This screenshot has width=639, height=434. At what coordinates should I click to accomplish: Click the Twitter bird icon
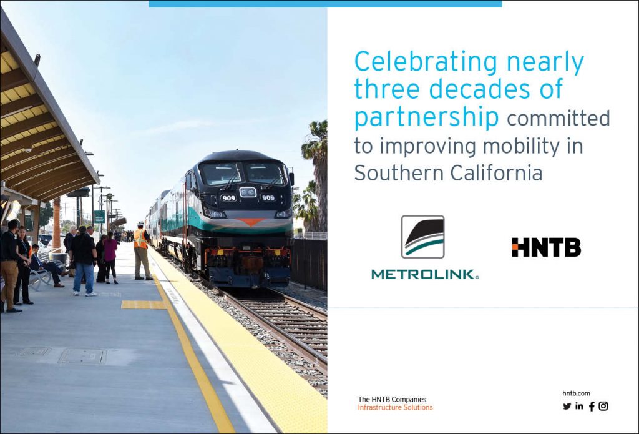[x=567, y=406]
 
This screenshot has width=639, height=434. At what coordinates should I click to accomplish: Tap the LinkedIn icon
[x=579, y=406]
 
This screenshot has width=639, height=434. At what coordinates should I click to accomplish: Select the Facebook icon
[x=592, y=406]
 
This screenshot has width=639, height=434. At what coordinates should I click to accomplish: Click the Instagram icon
[x=603, y=406]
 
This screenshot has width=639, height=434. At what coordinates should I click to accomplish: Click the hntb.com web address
[x=576, y=393]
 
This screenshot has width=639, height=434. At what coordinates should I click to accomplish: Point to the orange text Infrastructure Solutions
[x=395, y=408]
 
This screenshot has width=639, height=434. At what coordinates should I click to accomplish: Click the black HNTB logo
[x=547, y=247]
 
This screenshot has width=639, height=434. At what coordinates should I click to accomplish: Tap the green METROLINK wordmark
[x=425, y=275]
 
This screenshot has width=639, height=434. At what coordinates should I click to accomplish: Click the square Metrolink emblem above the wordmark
[x=422, y=237]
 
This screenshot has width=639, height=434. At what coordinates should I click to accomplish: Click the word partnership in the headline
[x=426, y=118]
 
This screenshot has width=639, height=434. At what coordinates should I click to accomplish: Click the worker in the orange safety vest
[x=142, y=251]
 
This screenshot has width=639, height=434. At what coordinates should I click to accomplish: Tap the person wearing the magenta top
[x=110, y=258]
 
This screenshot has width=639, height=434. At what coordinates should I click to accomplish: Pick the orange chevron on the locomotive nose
[x=250, y=222]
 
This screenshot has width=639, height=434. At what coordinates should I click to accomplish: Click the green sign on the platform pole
[x=99, y=217]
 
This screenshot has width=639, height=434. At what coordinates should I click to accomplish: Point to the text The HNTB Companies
[x=392, y=399]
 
